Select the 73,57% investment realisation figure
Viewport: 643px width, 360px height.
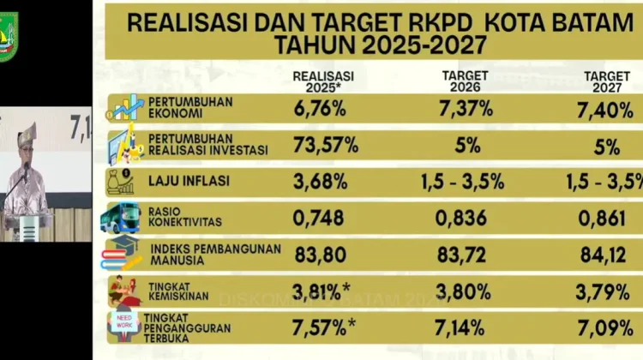(x=326, y=145)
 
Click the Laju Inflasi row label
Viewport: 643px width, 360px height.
(x=182, y=181)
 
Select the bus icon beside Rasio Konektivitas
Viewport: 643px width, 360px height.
(x=119, y=218)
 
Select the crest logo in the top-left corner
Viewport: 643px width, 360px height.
(x=8, y=35)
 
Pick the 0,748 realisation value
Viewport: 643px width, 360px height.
(x=319, y=218)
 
